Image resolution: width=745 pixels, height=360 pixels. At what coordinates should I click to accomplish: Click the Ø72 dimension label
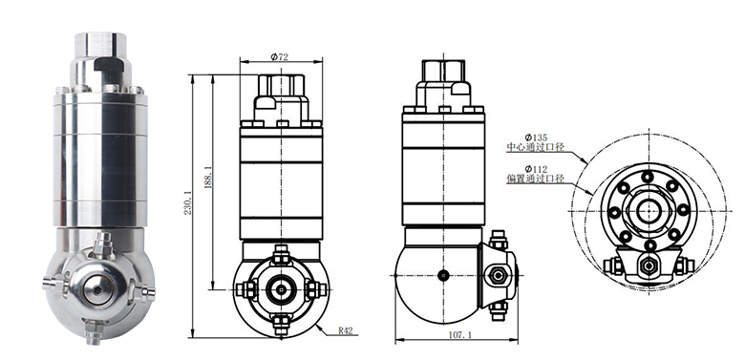(279, 57)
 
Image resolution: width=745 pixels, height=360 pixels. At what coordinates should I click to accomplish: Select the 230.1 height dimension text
(187, 202)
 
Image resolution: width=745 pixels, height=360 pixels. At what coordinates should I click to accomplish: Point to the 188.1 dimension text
(207, 178)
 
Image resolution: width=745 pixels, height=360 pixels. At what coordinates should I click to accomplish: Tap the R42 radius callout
(346, 331)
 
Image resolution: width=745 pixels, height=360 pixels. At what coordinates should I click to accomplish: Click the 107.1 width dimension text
(460, 335)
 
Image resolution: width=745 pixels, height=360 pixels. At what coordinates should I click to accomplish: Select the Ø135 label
(536, 138)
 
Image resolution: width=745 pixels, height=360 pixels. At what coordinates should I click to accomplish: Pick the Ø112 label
(536, 169)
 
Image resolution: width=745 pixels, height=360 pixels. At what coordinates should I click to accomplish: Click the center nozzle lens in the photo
(97, 289)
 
